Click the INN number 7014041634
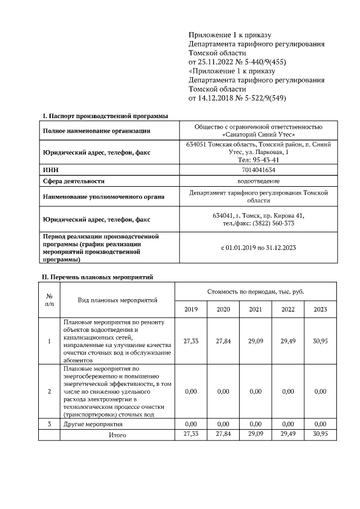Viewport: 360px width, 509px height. [258, 169]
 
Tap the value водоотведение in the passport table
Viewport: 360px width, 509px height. [258, 181]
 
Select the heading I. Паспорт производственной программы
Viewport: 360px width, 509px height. [106, 116]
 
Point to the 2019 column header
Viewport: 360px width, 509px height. [191, 309]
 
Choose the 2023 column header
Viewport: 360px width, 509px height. [320, 309]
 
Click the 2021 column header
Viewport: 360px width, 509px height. [255, 309]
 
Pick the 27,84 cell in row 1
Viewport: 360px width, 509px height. [223, 341]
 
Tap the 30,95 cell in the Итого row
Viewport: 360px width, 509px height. [320, 434]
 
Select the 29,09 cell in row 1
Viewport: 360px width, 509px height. [255, 341]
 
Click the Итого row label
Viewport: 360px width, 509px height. [118, 435]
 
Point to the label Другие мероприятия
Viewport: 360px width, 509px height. [93, 424]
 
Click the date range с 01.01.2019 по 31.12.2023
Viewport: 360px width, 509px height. [258, 247]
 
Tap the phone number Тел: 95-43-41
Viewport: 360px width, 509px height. [258, 160]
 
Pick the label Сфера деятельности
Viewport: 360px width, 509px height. [74, 181]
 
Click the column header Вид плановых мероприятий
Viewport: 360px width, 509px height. [118, 300]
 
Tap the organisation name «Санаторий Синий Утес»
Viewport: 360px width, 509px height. [258, 135]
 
